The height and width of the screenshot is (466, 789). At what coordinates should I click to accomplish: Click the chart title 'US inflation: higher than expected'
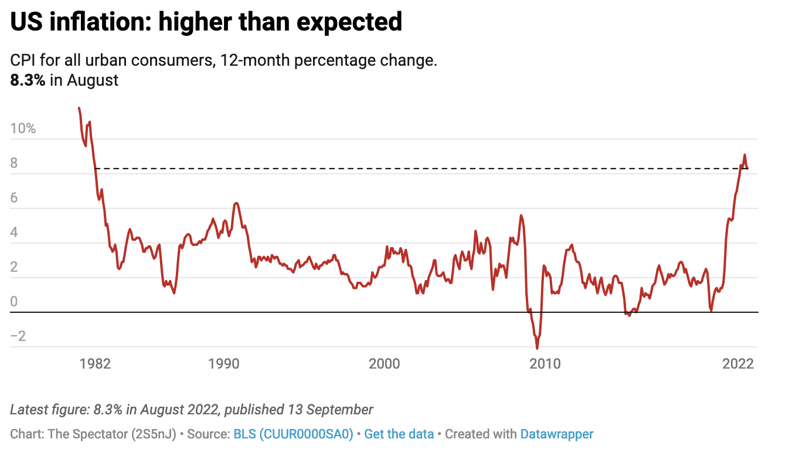pos(206,22)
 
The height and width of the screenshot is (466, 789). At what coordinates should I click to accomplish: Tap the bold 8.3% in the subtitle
pos(28,80)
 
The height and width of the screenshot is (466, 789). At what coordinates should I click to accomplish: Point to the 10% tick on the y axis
pos(23,129)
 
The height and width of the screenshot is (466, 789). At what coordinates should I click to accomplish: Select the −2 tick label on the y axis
pos(19,336)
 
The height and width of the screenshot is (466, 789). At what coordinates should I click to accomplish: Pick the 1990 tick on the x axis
pos(224,364)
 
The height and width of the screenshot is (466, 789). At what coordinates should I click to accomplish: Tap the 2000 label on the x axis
pos(385,364)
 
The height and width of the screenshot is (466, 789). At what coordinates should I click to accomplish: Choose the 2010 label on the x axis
pos(545,364)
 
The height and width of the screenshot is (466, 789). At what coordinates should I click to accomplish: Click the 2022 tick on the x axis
pos(738,364)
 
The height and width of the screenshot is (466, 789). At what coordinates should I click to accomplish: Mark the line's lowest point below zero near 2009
pos(537,349)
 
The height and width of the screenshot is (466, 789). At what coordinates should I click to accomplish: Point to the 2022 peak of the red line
pos(744,155)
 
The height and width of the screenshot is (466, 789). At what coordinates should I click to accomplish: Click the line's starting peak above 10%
pos(79,108)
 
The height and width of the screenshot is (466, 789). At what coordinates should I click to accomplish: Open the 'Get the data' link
pos(399,434)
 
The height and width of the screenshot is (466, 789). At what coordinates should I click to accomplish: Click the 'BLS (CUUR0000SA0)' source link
pos(293,434)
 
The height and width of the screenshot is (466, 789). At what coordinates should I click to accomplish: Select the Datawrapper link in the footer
pos(556,434)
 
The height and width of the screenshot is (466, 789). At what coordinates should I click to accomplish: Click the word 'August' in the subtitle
pos(93,80)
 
